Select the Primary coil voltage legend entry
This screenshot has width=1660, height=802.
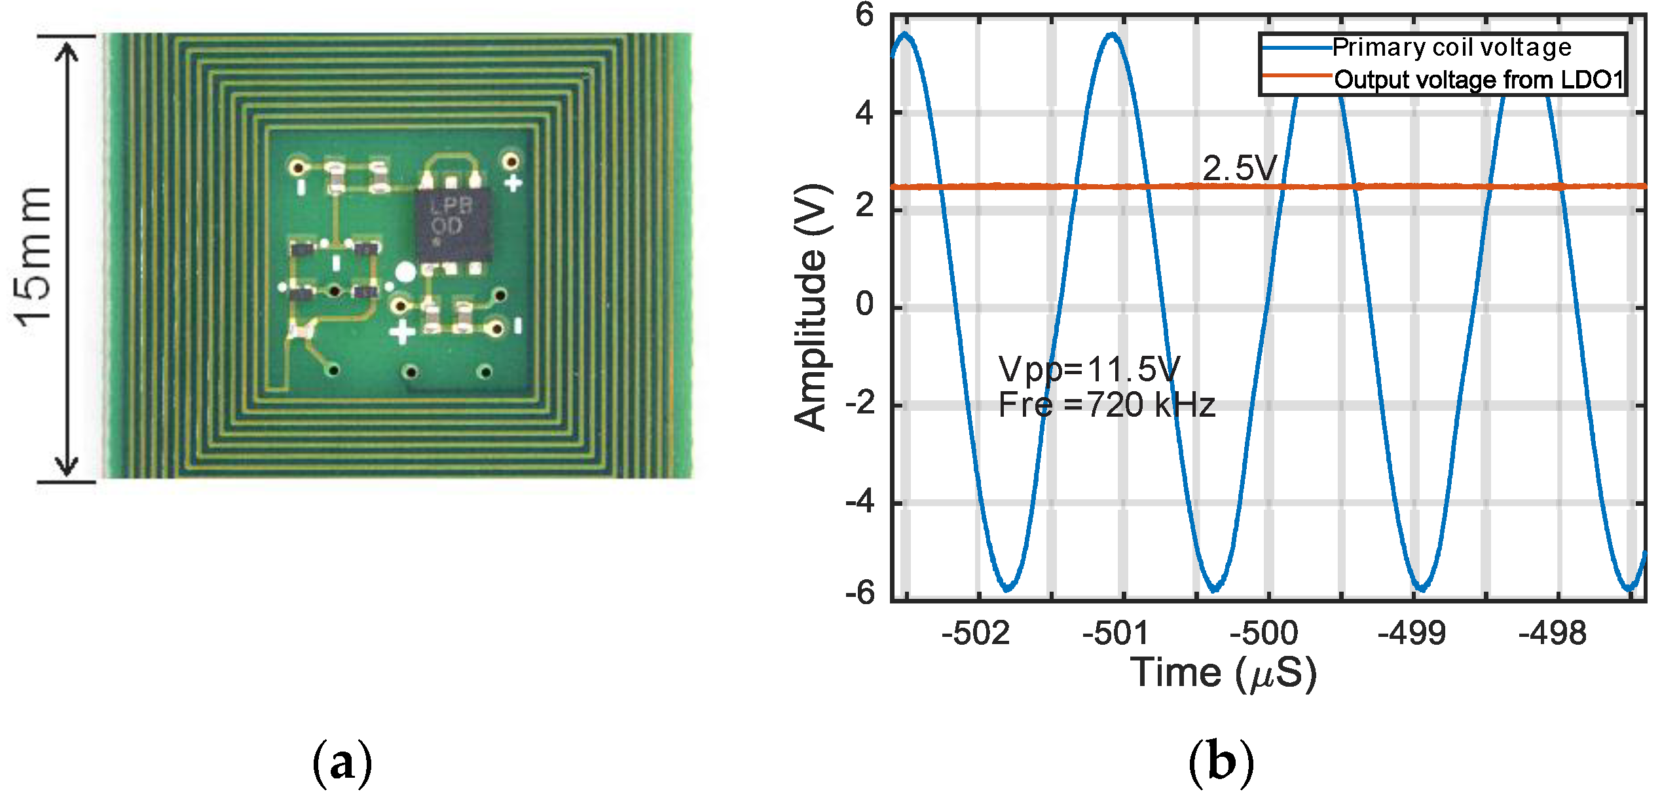(1451, 48)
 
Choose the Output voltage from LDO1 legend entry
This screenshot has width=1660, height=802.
(1479, 80)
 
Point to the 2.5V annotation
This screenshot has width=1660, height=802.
(1240, 169)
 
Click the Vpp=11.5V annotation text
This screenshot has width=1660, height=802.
(1090, 370)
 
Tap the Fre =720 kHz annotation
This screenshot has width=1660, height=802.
(1107, 405)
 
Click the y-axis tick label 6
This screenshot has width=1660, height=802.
(864, 15)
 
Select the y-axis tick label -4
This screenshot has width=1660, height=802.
(860, 503)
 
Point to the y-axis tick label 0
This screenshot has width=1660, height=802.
(864, 305)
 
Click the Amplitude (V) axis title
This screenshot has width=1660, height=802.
(812, 308)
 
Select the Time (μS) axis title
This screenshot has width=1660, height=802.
(1223, 674)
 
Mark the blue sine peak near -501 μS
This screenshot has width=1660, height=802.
(1113, 35)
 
